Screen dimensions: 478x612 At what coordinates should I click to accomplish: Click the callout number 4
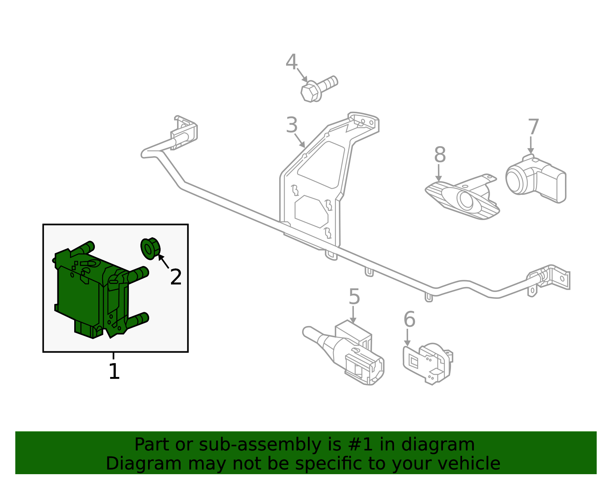(291, 62)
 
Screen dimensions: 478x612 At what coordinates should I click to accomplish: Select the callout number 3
(291, 126)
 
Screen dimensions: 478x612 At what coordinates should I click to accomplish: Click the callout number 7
(533, 127)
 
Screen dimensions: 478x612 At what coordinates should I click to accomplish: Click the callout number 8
(440, 155)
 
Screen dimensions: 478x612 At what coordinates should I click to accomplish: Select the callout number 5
(354, 297)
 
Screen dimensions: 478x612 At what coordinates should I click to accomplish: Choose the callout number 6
(409, 320)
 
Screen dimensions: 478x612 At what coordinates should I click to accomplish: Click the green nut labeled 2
(150, 248)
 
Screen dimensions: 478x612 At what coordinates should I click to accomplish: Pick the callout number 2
(176, 277)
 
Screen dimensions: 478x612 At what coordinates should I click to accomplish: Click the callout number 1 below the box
(114, 371)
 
